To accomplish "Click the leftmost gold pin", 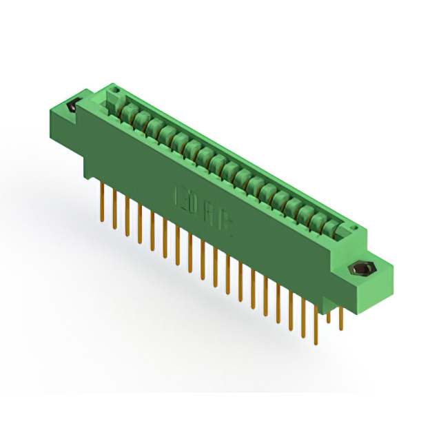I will [x=102, y=203].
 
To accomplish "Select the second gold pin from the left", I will [x=114, y=211].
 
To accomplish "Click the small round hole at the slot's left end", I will [x=116, y=90].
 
